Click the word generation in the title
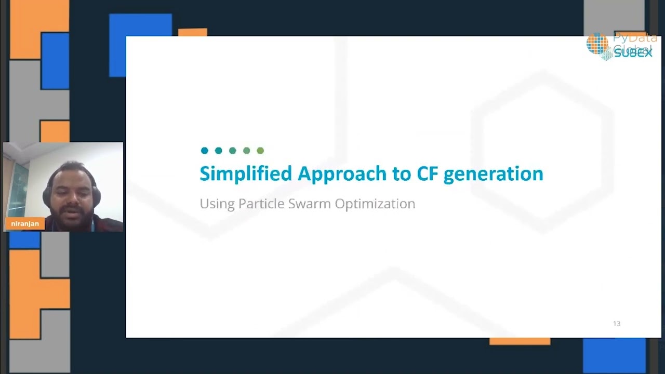click(493, 173)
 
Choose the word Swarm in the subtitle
click(309, 204)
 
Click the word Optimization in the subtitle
click(375, 204)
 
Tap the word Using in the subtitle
click(217, 204)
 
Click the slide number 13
click(617, 324)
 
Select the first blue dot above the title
click(205, 151)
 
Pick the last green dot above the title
click(260, 151)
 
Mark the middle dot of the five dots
click(233, 151)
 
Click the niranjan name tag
click(25, 224)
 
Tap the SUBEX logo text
click(633, 53)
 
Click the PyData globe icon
click(597, 44)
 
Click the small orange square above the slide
click(192, 32)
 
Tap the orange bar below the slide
click(520, 341)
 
